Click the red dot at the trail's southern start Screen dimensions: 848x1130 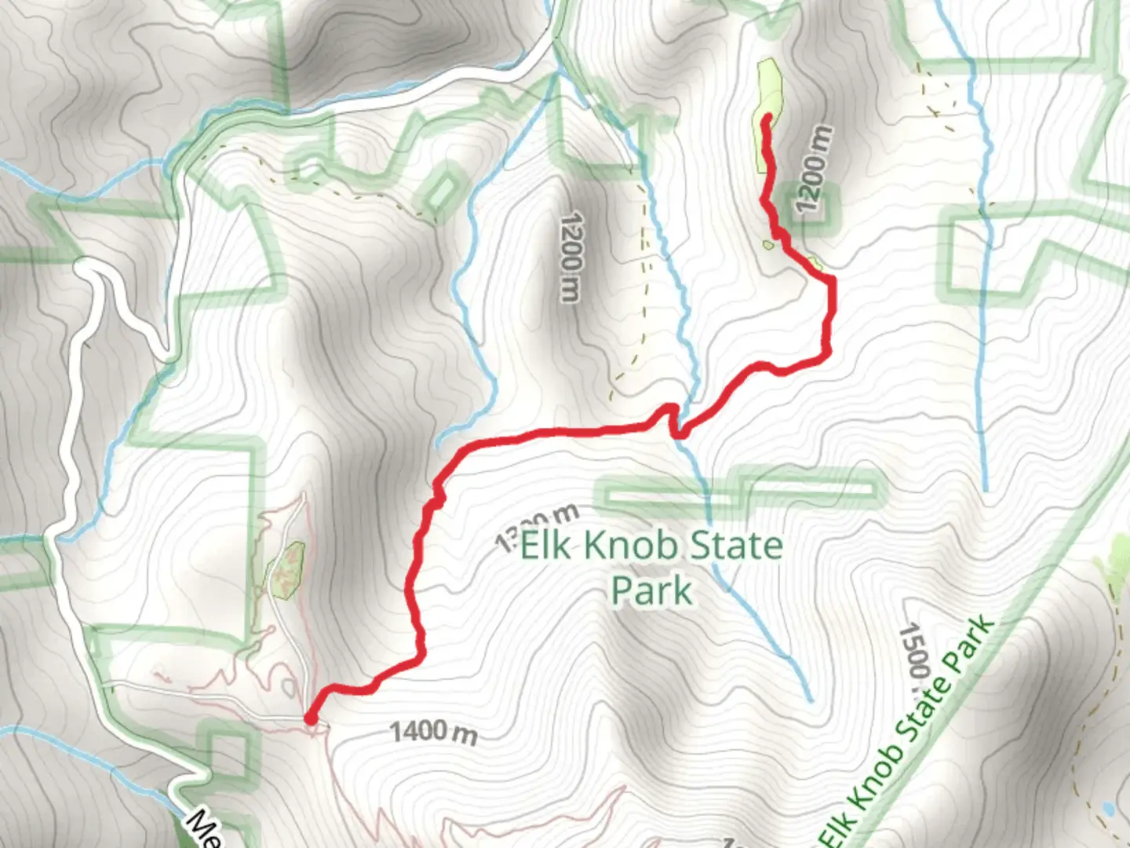311,718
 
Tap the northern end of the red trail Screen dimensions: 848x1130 767,118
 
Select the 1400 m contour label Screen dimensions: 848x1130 433,733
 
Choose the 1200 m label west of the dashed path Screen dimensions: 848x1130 570,256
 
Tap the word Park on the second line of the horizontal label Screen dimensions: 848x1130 652,590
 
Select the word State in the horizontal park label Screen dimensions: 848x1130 737,545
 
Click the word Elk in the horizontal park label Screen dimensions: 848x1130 547,545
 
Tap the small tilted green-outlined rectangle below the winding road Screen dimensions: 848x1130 444,190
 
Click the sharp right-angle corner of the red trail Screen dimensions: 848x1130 830,280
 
